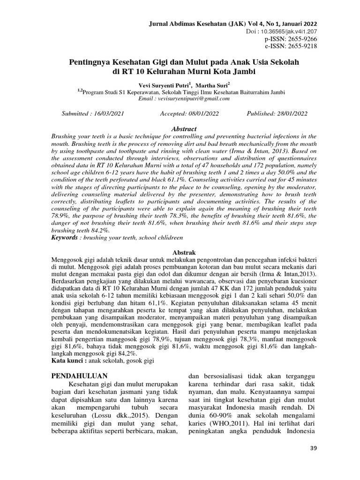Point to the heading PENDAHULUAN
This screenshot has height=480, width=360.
click(79, 376)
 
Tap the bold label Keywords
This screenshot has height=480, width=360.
click(64, 238)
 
